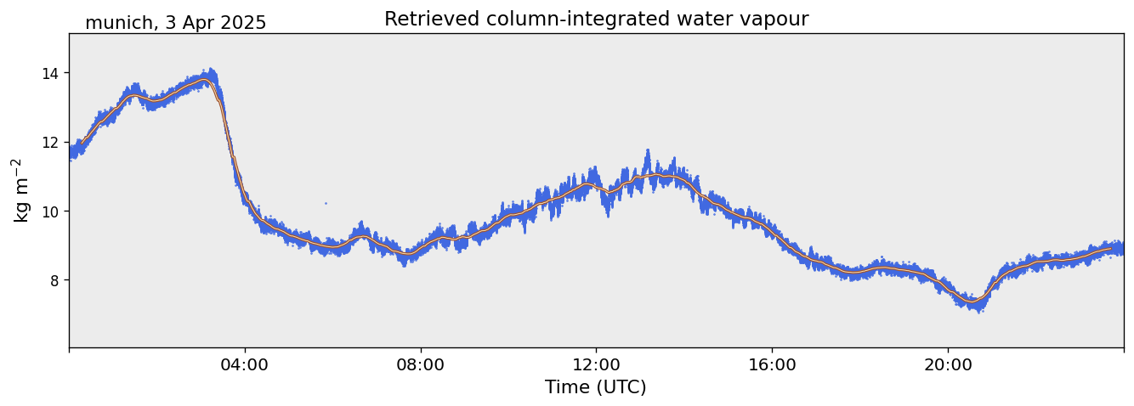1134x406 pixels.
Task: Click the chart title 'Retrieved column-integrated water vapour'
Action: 596,20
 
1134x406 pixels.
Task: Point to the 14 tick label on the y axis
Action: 49,73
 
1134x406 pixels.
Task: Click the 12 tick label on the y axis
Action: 49,143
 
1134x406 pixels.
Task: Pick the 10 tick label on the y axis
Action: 49,211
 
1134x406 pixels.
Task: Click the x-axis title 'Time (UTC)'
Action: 596,387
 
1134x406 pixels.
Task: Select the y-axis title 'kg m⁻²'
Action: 20,190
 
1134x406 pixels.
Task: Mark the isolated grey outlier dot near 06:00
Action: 326,203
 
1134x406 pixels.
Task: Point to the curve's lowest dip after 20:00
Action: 971,302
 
